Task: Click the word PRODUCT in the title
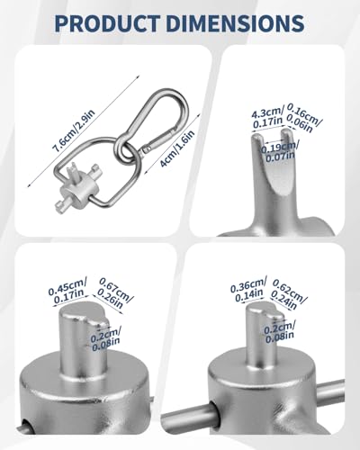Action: coord(107,22)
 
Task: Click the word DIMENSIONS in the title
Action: coord(235,22)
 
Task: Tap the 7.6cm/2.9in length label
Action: coord(74,131)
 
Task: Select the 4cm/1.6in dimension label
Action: coord(177,148)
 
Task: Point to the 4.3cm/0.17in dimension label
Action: coord(267,118)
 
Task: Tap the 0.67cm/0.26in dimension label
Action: coord(115,293)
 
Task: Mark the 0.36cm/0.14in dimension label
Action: coord(248,289)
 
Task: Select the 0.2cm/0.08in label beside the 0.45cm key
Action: coord(105,337)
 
